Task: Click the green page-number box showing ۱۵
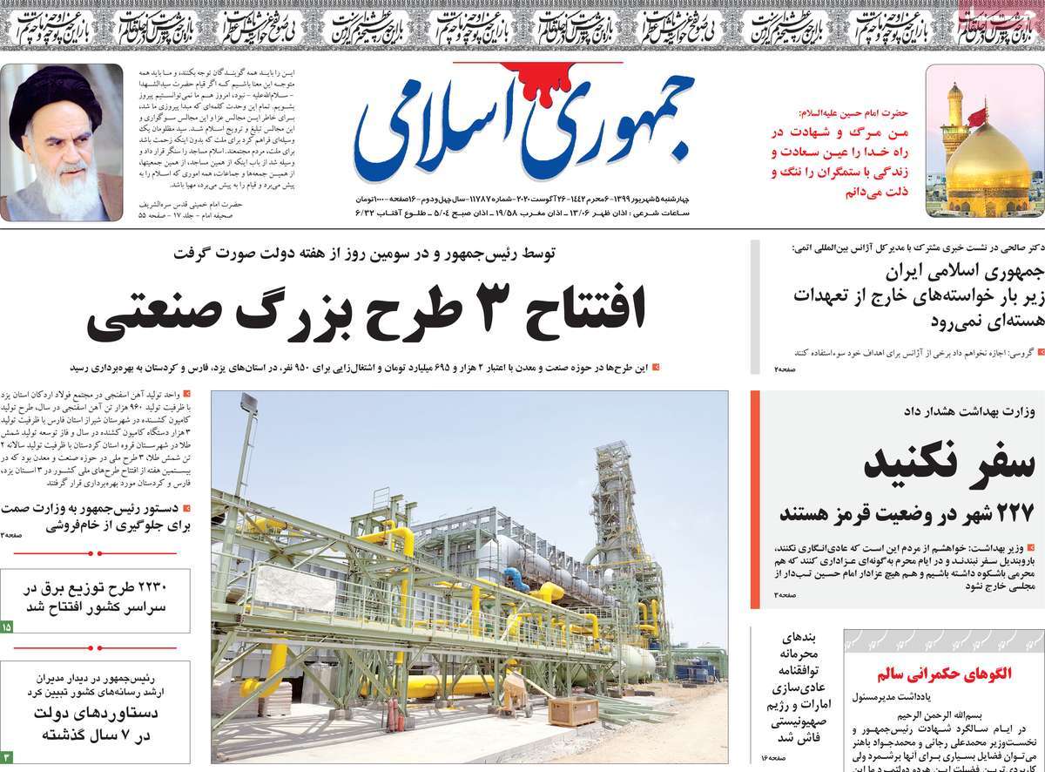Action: pyautogui.click(x=7, y=626)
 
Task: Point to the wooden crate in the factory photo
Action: pyautogui.click(x=572, y=711)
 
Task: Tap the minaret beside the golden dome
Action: pyautogui.click(x=955, y=122)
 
